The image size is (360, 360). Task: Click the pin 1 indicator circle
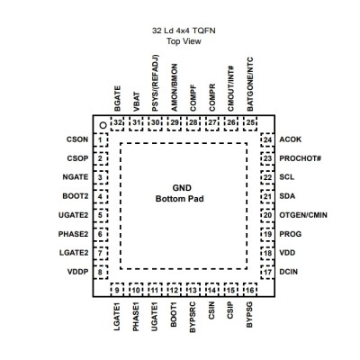(103, 125)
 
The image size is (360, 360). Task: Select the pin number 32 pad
(117, 122)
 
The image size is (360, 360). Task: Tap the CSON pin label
(77, 139)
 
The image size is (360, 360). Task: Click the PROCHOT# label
(301, 158)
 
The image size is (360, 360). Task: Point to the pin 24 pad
(267, 139)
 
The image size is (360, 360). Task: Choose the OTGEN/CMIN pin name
(303, 215)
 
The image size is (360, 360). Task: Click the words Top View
(184, 41)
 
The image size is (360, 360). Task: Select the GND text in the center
(182, 188)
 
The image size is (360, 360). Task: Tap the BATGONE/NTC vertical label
(250, 84)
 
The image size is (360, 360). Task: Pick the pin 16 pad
(250, 290)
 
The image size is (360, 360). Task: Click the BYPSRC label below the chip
(193, 317)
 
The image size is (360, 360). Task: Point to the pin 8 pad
(101, 272)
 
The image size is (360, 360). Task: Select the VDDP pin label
(78, 272)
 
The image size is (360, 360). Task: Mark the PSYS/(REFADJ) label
(155, 83)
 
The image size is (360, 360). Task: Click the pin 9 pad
(117, 290)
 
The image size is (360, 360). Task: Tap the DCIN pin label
(289, 272)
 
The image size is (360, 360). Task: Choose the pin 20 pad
(267, 215)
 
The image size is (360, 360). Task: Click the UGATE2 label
(74, 215)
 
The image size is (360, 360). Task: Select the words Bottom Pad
(180, 199)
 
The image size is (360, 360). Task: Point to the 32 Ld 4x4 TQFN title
(184, 31)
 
